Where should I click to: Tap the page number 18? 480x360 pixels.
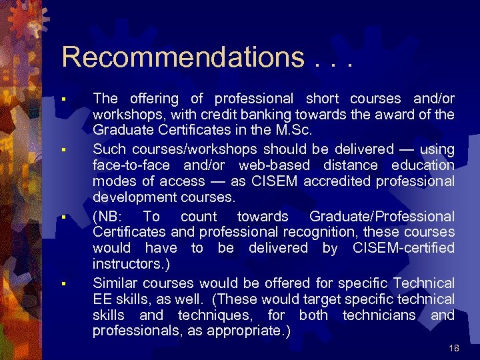pyautogui.click(x=455, y=348)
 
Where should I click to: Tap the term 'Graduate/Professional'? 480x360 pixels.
pyautogui.click(x=382, y=217)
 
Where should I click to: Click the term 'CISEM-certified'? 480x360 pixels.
pyautogui.click(x=404, y=249)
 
